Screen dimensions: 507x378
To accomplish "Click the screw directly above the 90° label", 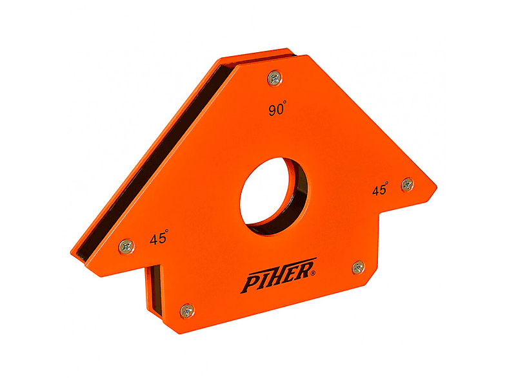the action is (275, 78).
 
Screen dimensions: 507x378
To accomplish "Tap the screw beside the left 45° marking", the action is (126, 247).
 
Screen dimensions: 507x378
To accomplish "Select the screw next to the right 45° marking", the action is (408, 185).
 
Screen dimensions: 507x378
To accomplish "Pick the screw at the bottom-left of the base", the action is (187, 311).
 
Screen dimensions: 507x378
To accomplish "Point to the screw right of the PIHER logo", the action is (358, 267).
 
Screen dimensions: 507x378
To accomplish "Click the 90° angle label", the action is (277, 108).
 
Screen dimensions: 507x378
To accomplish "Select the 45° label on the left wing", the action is (159, 237).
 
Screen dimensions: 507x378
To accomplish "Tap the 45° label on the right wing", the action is (381, 189).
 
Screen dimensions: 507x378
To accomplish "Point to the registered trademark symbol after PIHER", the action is (312, 274).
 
